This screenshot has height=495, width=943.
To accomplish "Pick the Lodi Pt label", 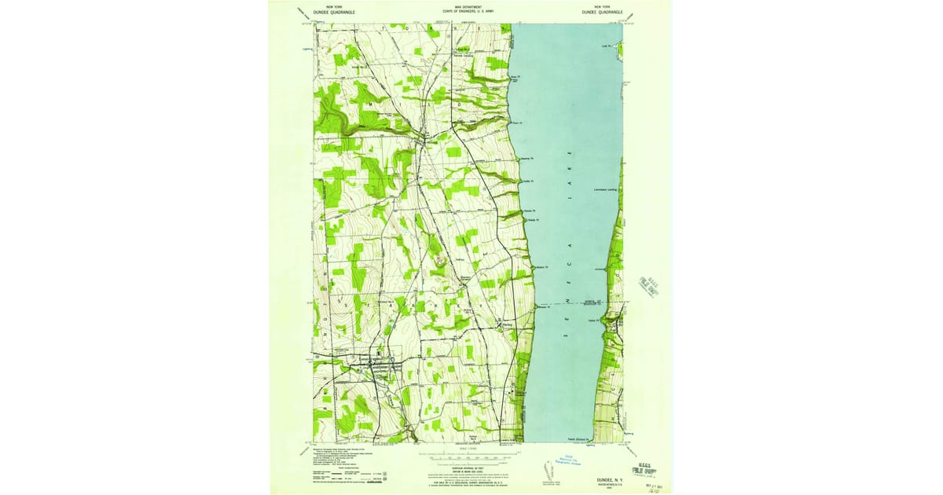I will point(606,46).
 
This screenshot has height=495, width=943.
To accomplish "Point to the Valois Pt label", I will point(593,320).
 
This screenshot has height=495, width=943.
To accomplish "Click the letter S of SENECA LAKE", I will point(567,335).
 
